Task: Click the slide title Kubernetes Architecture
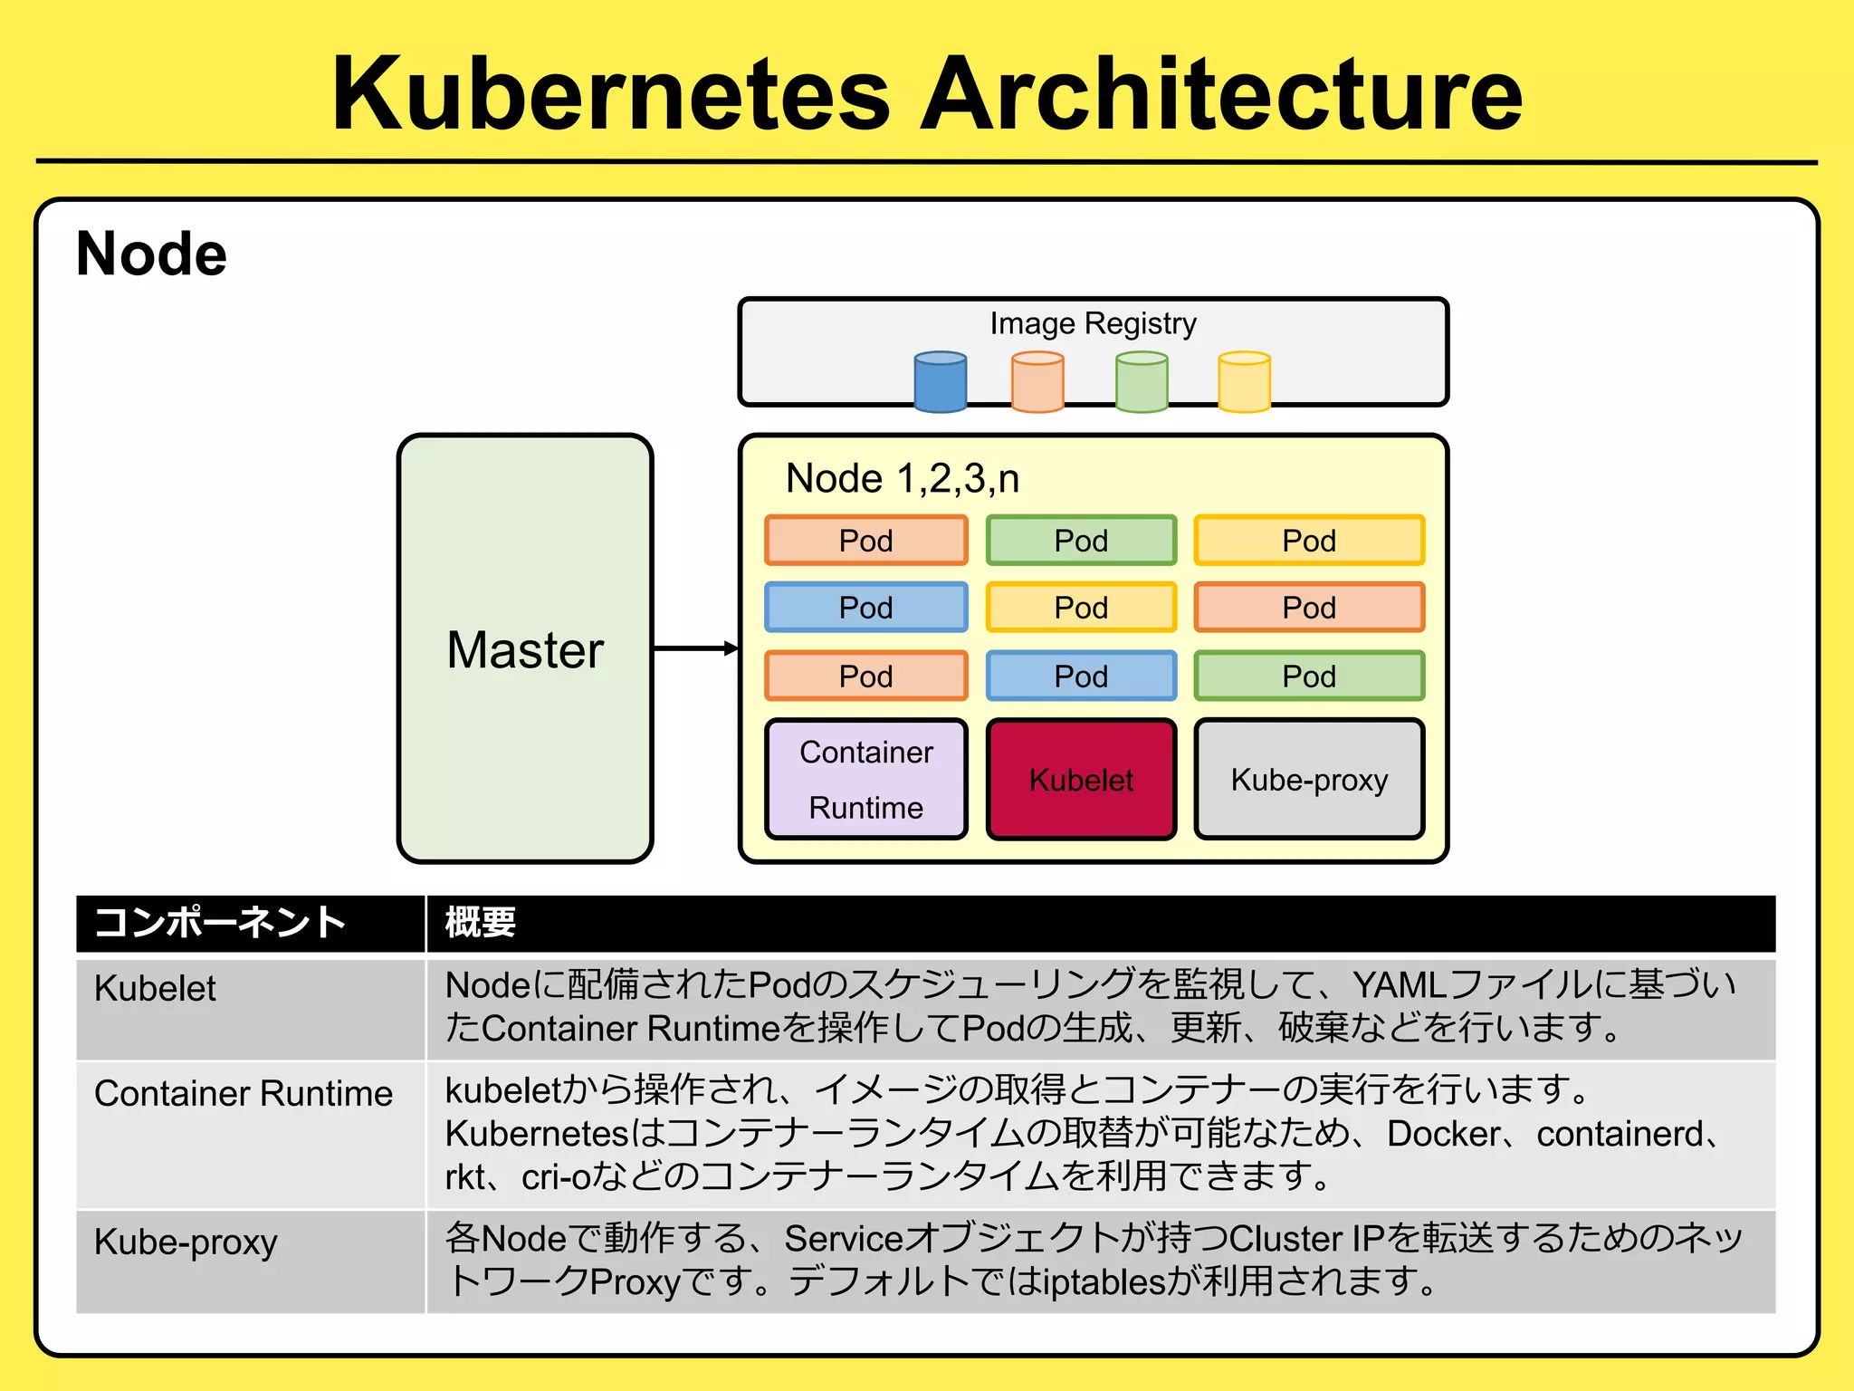927,93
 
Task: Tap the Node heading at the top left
151,254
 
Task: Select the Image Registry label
1093,323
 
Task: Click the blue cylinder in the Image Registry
941,382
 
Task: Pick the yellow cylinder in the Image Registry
1245,382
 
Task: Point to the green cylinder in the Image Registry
1142,382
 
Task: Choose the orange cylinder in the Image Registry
1037,382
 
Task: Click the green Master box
525,648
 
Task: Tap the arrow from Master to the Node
695,648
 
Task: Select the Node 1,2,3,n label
903,478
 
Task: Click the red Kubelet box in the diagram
1081,780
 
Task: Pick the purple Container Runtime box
866,780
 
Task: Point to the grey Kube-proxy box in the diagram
1309,780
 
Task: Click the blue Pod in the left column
866,607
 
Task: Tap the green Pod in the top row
1081,541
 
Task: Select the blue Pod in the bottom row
1081,676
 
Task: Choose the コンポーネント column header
220,923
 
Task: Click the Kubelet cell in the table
155,989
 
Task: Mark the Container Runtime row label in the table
244,1094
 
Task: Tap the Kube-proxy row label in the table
186,1242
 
